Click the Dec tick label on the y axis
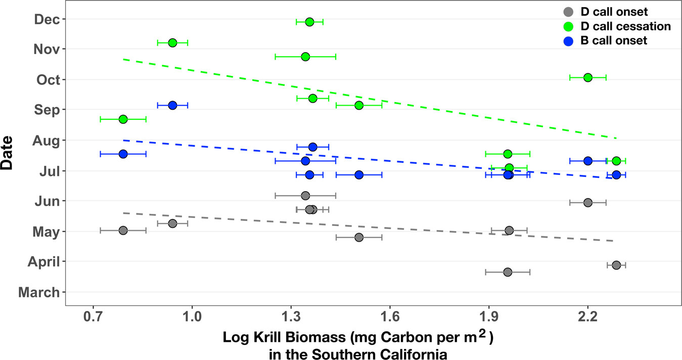coord(47,19)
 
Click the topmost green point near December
coord(309,22)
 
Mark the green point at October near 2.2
coord(587,77)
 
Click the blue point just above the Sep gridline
coord(172,105)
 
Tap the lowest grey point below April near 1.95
coord(508,272)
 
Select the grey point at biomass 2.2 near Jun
coord(587,202)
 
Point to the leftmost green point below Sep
coord(123,119)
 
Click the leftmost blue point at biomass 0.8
coord(123,154)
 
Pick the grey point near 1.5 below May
coord(358,237)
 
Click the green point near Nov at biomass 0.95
coord(172,42)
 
